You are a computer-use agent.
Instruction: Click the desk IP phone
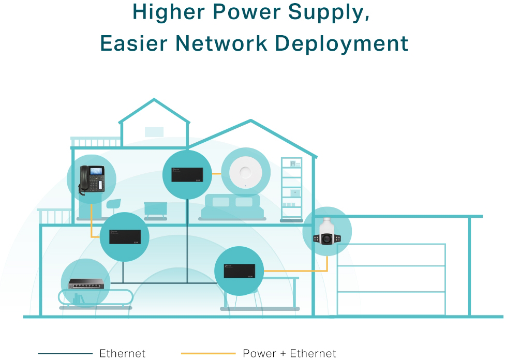point(92,180)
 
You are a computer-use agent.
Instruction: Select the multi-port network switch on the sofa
point(85,283)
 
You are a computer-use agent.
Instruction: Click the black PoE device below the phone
point(124,237)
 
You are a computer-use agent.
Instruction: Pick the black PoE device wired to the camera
point(239,271)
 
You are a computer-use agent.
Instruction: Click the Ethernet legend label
point(122,354)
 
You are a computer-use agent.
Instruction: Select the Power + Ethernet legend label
point(289,354)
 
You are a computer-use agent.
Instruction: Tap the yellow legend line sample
point(208,354)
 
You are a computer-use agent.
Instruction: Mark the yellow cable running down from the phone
point(92,217)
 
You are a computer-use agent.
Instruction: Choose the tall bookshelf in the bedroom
point(291,189)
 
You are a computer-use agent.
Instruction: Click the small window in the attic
point(154,132)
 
